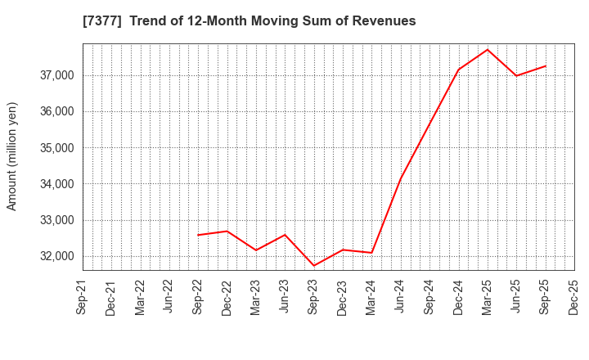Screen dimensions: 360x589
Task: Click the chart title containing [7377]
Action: tap(249, 21)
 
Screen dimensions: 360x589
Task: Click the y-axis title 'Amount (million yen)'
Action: tap(12, 156)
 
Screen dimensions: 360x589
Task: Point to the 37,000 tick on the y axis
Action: tap(55, 75)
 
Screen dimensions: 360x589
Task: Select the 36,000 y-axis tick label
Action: tap(55, 111)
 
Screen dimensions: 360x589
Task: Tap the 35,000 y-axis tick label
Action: tap(55, 148)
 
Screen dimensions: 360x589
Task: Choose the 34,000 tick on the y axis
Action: tap(55, 184)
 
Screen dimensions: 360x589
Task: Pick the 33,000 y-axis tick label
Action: tap(55, 220)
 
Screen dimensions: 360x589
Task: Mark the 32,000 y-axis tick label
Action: tap(55, 256)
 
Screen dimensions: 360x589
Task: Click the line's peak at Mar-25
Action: tap(488, 49)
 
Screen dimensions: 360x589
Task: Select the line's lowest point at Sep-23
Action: tap(314, 266)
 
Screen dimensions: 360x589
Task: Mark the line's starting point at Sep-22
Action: tap(199, 235)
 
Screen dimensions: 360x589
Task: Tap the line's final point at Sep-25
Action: tap(546, 65)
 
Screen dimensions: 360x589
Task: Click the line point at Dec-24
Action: tap(459, 69)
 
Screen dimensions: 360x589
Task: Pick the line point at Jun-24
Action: tap(401, 179)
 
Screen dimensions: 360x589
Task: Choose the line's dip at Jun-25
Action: tap(516, 75)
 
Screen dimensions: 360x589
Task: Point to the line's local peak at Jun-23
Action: tap(285, 235)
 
